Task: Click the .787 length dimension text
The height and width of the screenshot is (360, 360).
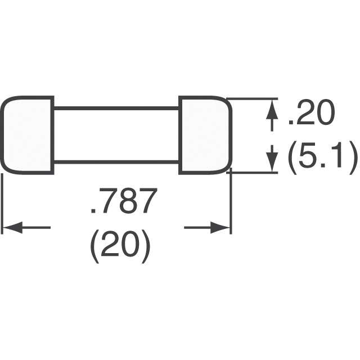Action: coord(121,201)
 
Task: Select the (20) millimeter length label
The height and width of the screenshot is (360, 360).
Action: coord(120,247)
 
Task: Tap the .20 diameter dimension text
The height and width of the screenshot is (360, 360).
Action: coord(311,114)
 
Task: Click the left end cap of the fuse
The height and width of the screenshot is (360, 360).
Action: coord(28,135)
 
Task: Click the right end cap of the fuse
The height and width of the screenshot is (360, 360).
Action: coord(205,135)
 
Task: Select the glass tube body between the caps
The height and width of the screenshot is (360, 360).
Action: coord(116,135)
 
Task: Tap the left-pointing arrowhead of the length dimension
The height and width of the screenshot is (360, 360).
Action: coord(12,227)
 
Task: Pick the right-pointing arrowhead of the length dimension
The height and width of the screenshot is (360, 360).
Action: coord(220,227)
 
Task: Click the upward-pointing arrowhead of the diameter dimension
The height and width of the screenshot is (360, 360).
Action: coord(272,109)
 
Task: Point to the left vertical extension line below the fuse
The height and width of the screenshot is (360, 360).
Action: coord(2,204)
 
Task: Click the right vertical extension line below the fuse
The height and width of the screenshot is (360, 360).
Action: coord(231,201)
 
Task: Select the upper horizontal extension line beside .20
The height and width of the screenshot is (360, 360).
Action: coord(252,99)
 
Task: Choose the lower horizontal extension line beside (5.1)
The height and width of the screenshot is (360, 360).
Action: coord(252,173)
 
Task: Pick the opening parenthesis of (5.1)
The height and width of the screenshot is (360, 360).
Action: coord(292,157)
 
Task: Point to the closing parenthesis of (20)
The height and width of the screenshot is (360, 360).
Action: coord(146,247)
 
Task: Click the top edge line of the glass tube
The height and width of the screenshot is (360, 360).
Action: coord(116,108)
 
